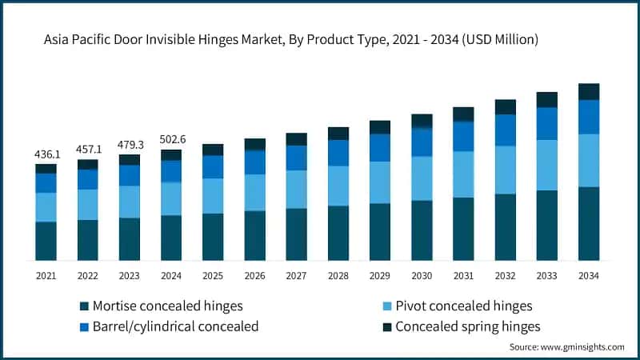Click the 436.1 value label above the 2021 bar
pos(46,152)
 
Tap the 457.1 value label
pos(87,148)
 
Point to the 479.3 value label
pos(130,143)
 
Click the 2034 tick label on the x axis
pos(589,275)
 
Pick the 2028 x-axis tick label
pos(338,275)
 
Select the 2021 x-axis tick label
pos(46,275)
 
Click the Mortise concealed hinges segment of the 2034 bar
pos(589,223)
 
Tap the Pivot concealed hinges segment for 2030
pos(422,178)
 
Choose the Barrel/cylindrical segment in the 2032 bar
pos(506,130)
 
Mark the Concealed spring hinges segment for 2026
pos(255,144)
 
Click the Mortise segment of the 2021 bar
pos(46,241)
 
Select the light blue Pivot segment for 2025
pos(213,195)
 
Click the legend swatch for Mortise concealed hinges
pos(84,306)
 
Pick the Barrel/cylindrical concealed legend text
pos(176,326)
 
